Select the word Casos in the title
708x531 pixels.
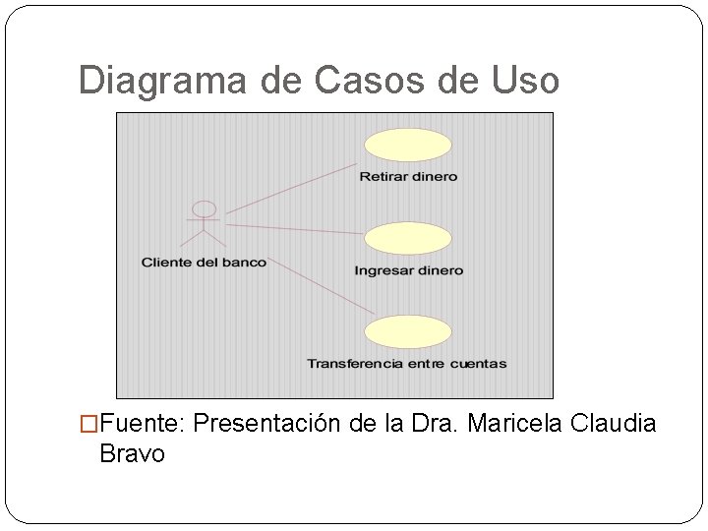point(367,81)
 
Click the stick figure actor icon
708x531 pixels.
point(204,225)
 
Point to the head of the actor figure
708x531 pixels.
point(204,209)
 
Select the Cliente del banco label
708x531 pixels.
point(204,263)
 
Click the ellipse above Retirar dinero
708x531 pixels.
point(408,146)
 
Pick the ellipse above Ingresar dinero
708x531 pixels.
point(408,238)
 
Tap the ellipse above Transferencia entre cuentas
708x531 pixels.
point(408,330)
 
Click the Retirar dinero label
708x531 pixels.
point(408,177)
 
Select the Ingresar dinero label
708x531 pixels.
point(408,270)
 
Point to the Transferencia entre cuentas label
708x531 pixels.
point(406,364)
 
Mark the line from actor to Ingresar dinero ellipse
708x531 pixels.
point(295,229)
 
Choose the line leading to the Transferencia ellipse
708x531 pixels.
point(321,287)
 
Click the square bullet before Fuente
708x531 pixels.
point(89,425)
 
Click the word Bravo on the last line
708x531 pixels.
point(132,454)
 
